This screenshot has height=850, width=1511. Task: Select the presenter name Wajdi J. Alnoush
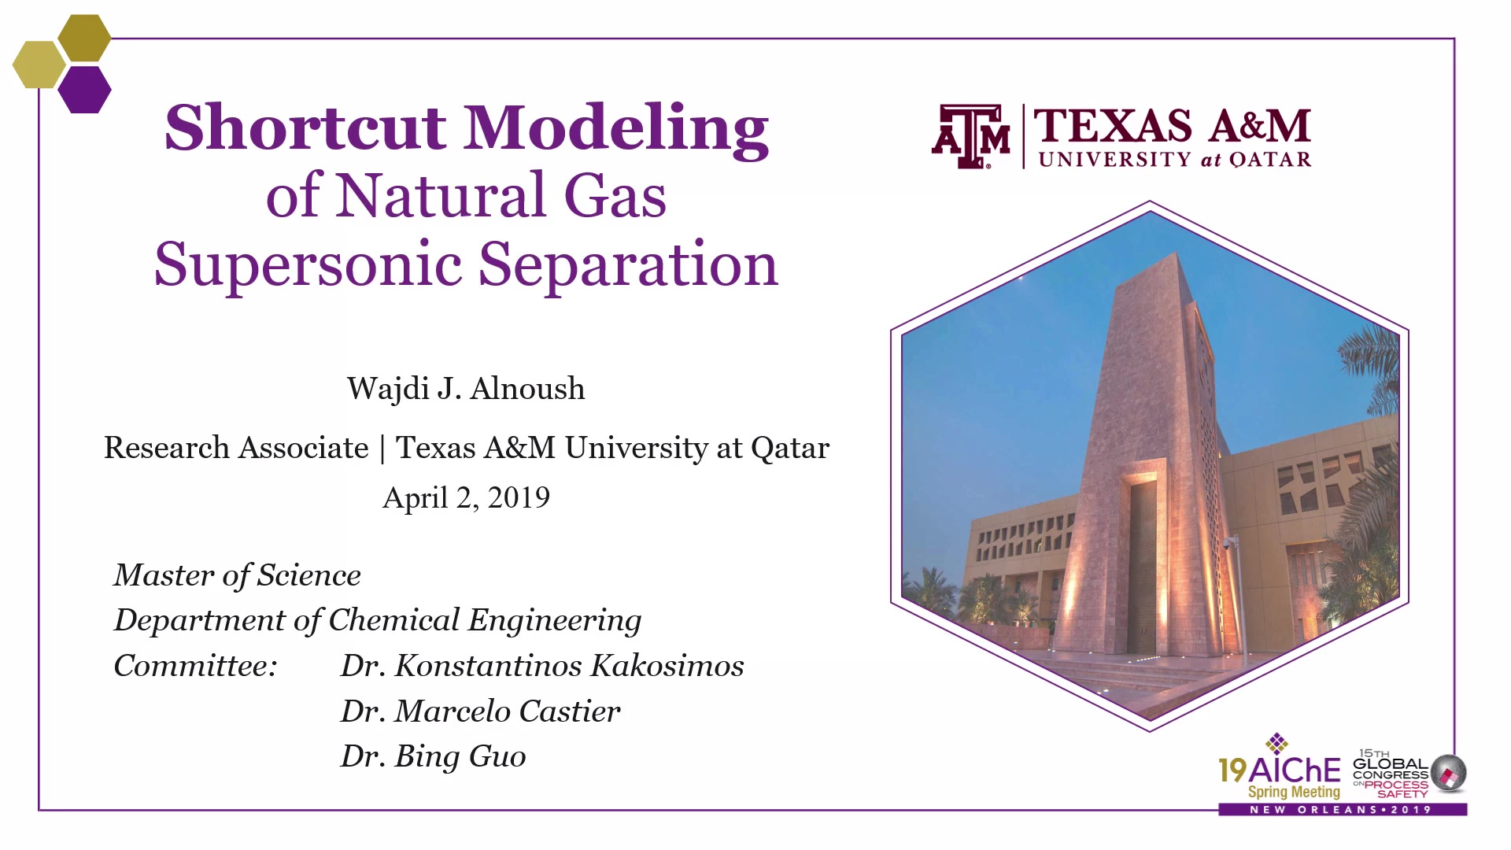point(466,389)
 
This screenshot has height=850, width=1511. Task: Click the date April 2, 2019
point(466,497)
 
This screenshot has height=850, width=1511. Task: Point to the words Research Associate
point(236,447)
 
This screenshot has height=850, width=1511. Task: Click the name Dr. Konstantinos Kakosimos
point(542,666)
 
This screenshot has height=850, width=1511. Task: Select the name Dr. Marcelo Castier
point(480,711)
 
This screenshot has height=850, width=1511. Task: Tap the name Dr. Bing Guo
point(433,756)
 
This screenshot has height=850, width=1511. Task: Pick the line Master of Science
point(237,575)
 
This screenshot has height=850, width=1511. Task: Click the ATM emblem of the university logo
point(971,137)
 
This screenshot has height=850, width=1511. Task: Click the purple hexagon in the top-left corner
point(84,90)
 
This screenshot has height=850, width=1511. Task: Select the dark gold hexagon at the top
point(84,38)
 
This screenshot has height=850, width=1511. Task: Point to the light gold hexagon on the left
point(39,65)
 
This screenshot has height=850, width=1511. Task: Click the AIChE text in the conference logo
point(1295,770)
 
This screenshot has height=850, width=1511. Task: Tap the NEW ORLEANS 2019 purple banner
point(1343,809)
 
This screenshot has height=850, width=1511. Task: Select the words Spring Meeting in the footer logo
point(1294,792)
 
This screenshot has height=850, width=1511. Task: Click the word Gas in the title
point(615,196)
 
